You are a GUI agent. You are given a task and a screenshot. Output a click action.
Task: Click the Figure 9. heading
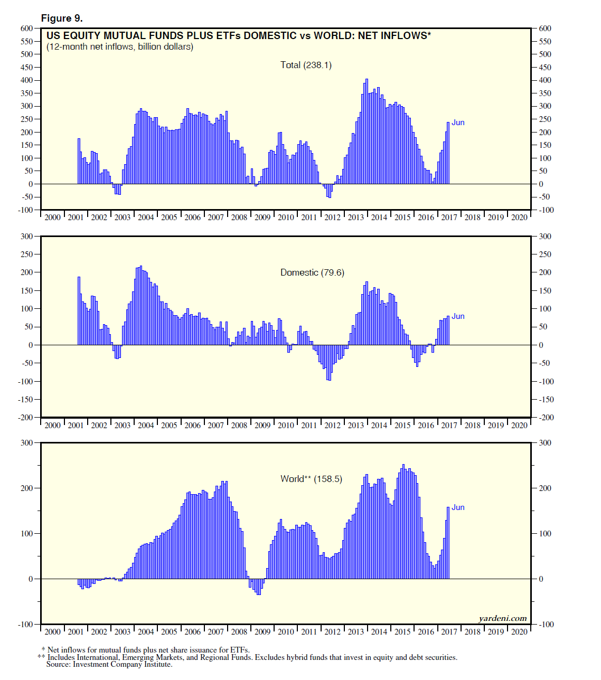62,18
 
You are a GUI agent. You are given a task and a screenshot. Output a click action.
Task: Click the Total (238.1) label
306,65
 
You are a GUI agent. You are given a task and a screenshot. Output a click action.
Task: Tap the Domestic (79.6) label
312,272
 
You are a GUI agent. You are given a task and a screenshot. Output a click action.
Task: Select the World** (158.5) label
311,479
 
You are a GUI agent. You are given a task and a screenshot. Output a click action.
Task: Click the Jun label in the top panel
458,122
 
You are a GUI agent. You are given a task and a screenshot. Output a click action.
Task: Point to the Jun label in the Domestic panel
458,316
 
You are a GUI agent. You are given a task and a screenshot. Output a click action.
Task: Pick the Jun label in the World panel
458,507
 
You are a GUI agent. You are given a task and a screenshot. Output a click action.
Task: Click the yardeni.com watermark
502,618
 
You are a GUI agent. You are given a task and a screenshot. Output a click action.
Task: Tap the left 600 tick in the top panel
27,29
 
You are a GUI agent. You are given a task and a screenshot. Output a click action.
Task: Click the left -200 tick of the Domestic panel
25,418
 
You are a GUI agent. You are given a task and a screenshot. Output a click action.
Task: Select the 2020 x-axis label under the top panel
519,217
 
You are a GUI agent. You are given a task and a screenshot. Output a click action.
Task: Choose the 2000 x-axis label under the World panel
52,631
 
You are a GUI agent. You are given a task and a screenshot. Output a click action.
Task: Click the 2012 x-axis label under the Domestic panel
332,425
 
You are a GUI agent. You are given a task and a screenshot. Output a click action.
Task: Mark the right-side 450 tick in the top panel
545,68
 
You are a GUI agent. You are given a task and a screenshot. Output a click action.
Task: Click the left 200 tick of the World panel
27,488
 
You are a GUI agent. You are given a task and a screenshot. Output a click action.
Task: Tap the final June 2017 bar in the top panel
448,153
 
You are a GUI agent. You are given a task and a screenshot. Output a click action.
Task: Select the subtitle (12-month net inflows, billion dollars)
120,47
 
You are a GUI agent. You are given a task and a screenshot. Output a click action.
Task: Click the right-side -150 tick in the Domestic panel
547,400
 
